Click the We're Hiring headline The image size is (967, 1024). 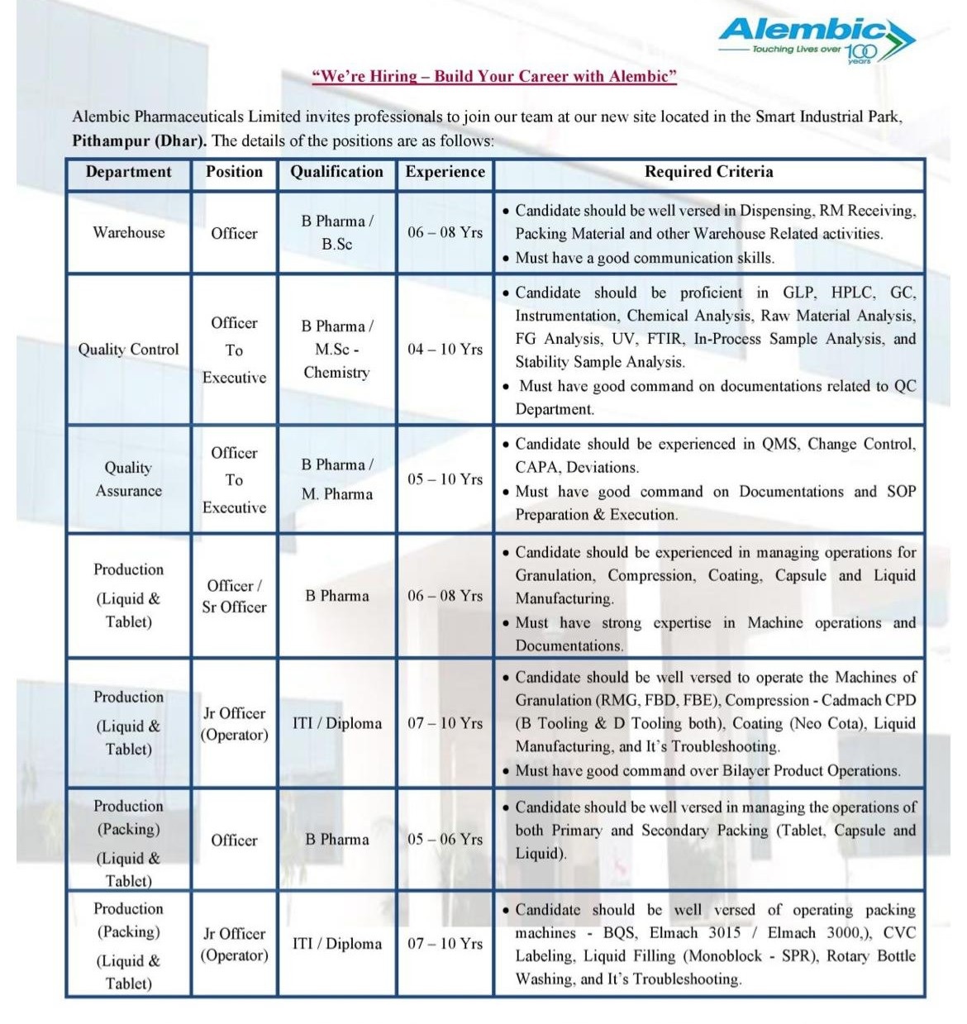pyautogui.click(x=494, y=77)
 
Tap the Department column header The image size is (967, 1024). pyautogui.click(x=128, y=172)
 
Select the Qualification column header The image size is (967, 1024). pyautogui.click(x=336, y=172)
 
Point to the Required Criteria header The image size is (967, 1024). pyautogui.click(x=708, y=172)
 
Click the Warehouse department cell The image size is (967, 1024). pyautogui.click(x=128, y=233)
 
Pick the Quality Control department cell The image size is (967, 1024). pyautogui.click(x=128, y=350)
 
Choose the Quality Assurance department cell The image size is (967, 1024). pyautogui.click(x=128, y=479)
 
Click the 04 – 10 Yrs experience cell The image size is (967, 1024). pyautogui.click(x=445, y=350)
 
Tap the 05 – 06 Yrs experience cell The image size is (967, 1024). pyautogui.click(x=445, y=840)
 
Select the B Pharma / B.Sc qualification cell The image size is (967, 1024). pyautogui.click(x=336, y=233)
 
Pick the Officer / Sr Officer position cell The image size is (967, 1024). pyautogui.click(x=234, y=596)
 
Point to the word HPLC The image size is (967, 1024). pyautogui.click(x=851, y=293)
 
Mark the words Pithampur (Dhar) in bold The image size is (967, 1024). pyautogui.click(x=139, y=141)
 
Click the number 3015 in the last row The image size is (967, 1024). pyautogui.click(x=724, y=933)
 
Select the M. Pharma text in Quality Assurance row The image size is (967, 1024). pyautogui.click(x=336, y=494)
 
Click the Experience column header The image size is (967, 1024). pyautogui.click(x=445, y=172)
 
